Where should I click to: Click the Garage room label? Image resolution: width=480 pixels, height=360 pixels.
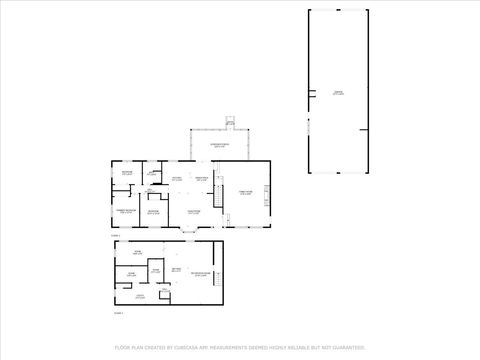tap(338, 92)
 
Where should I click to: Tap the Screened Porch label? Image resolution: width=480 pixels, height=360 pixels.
tap(218, 146)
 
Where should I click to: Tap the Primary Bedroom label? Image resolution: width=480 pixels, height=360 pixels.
tap(125, 212)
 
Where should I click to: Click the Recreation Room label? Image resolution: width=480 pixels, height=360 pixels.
tap(200, 273)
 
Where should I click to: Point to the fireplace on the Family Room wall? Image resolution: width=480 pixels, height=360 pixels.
tap(267, 190)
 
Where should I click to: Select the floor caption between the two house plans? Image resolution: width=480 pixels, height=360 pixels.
tap(116, 235)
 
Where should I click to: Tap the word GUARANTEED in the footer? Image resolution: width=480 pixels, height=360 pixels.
tap(342, 347)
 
